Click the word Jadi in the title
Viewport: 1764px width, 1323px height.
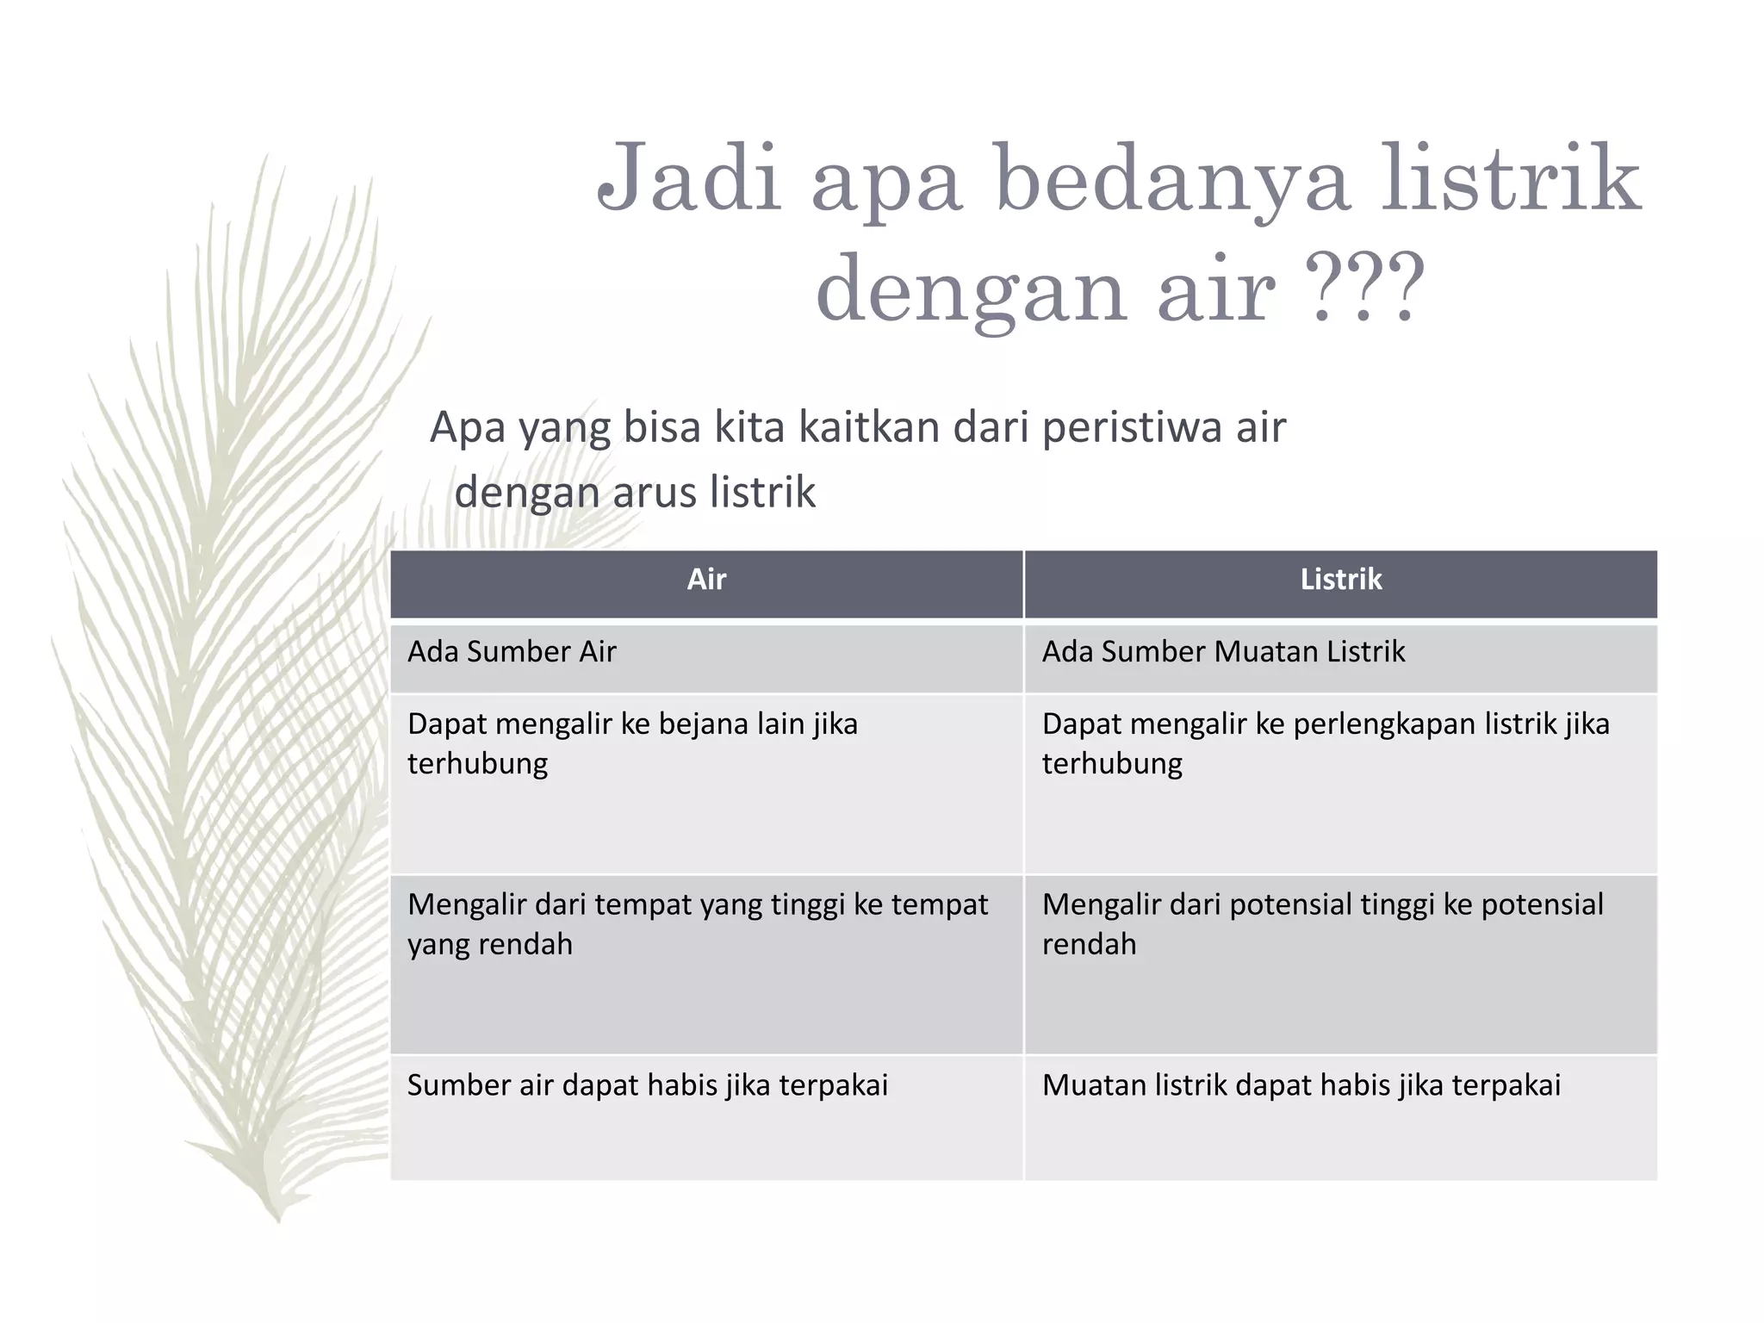689,179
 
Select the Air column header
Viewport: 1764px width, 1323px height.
706,580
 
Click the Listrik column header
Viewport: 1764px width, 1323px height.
1340,580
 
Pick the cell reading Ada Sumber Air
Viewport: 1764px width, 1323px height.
512,652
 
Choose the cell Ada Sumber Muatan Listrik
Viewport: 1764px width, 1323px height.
1223,652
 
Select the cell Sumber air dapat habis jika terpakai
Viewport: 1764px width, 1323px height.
647,1085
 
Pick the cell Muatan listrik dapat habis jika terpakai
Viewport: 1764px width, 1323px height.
1301,1085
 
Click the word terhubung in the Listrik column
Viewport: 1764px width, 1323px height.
1112,764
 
